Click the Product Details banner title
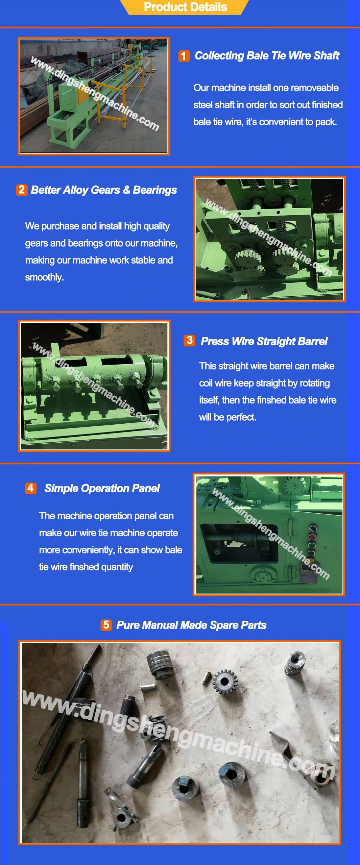tap(185, 7)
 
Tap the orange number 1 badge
tap(184, 56)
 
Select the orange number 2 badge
tap(22, 190)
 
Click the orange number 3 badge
tap(189, 340)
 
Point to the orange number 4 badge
tap(30, 488)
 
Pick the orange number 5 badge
tap(106, 625)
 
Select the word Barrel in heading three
tap(313, 341)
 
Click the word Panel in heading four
tap(146, 488)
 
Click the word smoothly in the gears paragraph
tap(44, 277)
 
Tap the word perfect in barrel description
tap(241, 417)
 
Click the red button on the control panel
tap(312, 537)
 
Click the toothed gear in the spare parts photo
tap(224, 681)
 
